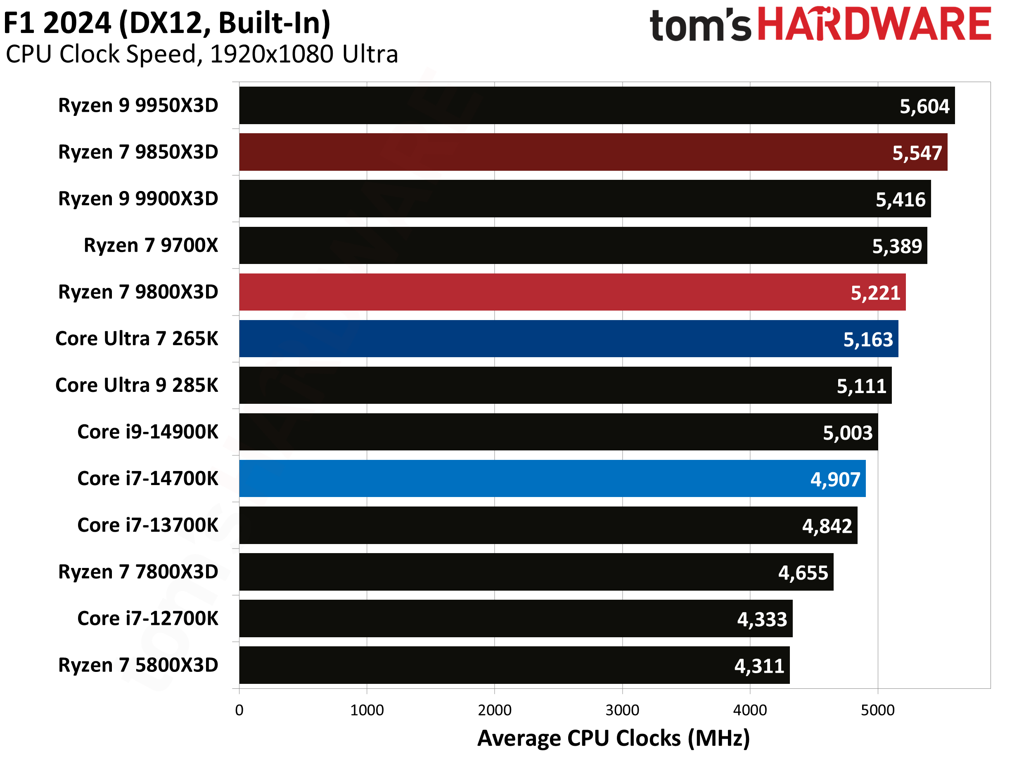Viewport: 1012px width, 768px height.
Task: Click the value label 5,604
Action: [924, 106]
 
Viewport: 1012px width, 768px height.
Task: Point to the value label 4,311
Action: [759, 666]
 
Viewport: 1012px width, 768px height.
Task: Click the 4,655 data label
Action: [803, 573]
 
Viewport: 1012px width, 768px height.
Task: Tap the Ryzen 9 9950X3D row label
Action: [138, 106]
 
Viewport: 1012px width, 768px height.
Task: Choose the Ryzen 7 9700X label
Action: [151, 245]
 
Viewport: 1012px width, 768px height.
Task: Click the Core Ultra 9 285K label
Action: [137, 385]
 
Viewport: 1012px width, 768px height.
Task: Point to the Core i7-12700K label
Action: [148, 619]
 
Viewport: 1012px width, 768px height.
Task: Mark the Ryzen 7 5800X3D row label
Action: [138, 665]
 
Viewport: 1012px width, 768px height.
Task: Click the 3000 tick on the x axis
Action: [622, 710]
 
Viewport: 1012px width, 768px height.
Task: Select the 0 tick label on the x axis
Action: [239, 710]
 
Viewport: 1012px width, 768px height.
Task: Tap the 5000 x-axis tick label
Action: [877, 710]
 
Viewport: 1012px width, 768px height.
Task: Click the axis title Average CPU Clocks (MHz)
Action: [614, 738]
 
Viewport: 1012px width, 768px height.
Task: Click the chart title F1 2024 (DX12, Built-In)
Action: [167, 23]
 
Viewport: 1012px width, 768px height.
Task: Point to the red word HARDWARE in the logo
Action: [874, 24]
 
